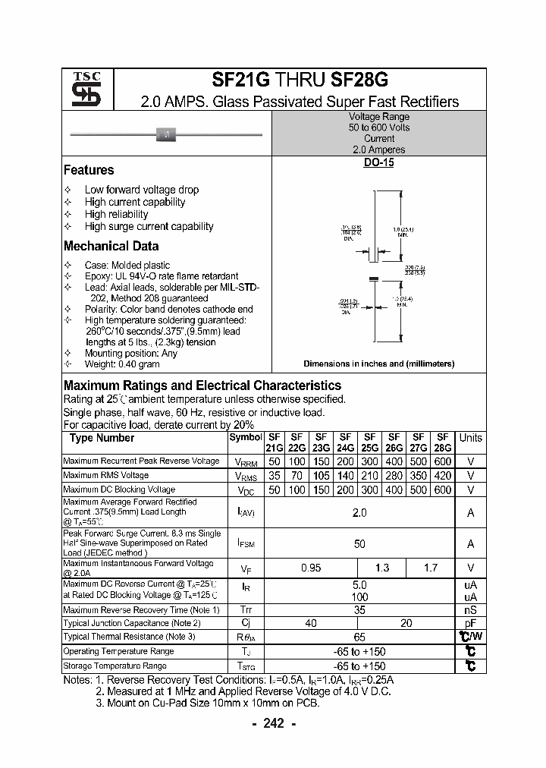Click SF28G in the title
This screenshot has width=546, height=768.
pyautogui.click(x=359, y=80)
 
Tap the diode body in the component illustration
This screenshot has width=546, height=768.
pyautogui.click(x=166, y=134)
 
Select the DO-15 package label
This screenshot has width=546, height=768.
pyautogui.click(x=378, y=162)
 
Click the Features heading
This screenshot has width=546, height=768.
pyautogui.click(x=89, y=170)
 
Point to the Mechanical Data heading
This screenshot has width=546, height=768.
pyautogui.click(x=111, y=246)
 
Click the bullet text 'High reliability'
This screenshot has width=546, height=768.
pyautogui.click(x=116, y=214)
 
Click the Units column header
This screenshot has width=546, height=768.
pyautogui.click(x=470, y=438)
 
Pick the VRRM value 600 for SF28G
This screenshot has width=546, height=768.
pyautogui.click(x=443, y=461)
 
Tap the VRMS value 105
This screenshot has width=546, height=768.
pyautogui.click(x=321, y=476)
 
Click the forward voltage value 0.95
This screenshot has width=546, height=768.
pyautogui.click(x=311, y=568)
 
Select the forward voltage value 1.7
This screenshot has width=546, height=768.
pyautogui.click(x=430, y=568)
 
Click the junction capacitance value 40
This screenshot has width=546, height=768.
pyautogui.click(x=311, y=623)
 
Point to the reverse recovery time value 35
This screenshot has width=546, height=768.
pyautogui.click(x=359, y=609)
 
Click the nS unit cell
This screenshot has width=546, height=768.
pyautogui.click(x=470, y=609)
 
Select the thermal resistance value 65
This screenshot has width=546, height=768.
pyautogui.click(x=359, y=637)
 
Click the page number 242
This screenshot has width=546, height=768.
pyautogui.click(x=273, y=723)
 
